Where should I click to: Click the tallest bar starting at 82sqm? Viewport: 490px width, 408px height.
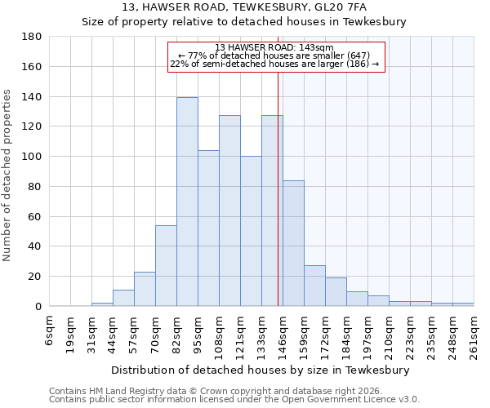[187, 202]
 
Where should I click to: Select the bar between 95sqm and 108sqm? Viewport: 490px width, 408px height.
[208, 228]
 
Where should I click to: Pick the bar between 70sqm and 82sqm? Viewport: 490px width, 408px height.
[166, 265]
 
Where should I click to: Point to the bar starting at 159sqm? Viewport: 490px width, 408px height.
[314, 286]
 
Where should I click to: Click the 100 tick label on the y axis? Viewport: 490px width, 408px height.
[32, 157]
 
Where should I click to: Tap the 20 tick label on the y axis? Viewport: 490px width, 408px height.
[35, 277]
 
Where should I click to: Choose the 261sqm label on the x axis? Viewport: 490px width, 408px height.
[474, 335]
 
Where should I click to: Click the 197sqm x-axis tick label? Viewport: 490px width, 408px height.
[368, 335]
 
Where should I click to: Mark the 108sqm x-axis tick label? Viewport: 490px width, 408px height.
[220, 335]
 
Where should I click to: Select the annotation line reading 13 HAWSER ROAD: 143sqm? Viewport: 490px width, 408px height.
[275, 47]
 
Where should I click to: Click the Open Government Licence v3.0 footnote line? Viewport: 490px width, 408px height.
[234, 400]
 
